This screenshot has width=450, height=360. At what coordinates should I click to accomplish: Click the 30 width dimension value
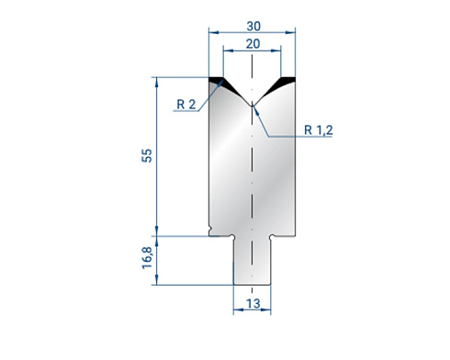(253, 27)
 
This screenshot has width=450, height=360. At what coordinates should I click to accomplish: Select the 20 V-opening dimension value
(253, 44)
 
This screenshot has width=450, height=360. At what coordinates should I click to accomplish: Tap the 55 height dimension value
(147, 155)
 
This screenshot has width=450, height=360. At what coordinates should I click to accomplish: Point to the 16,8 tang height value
(147, 258)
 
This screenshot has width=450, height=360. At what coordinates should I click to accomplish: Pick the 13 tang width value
(253, 304)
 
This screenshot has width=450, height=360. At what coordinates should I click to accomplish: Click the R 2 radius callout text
(186, 105)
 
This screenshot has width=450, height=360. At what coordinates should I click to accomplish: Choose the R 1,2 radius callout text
(319, 130)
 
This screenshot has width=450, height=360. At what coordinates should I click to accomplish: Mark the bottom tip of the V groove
(252, 106)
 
